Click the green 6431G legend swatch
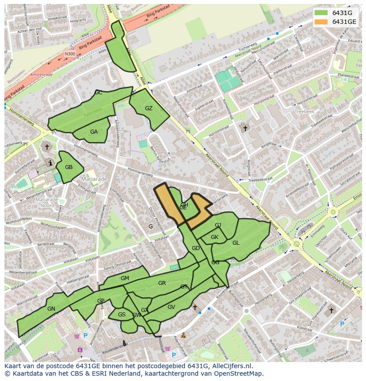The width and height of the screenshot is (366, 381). point(321,12)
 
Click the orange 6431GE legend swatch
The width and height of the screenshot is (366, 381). point(321,22)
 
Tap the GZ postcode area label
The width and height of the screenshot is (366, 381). point(149,108)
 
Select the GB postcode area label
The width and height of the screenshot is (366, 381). point(69,167)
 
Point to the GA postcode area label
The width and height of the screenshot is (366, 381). point(94,132)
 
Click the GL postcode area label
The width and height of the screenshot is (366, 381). point(236,243)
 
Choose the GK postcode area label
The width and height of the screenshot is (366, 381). point(214,237)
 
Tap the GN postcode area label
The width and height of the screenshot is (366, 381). point(51,309)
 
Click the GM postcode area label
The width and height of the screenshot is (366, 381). point(125,278)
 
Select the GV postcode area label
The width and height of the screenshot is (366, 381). point(171,307)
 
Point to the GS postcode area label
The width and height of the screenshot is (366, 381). point(122,315)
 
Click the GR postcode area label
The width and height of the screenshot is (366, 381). point(162,283)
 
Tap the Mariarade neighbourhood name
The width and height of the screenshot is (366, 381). point(94,179)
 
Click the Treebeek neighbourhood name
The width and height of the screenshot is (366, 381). point(304,112)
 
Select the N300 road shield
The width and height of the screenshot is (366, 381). point(70,54)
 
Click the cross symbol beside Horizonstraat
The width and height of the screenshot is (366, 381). point(245,128)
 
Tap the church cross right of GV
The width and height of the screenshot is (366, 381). point(194,307)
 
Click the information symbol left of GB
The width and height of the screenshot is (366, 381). point(51,163)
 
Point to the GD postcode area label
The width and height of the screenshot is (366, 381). point(196,248)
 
